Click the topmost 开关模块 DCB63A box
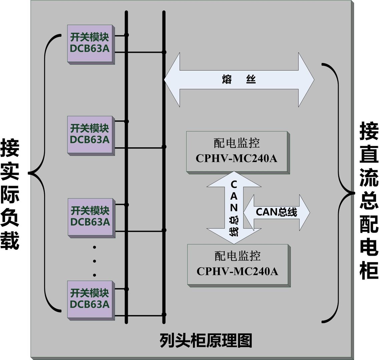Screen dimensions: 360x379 90,43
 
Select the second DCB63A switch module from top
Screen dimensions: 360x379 90,134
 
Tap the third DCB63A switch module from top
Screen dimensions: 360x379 90,217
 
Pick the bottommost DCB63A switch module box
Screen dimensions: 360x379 90,299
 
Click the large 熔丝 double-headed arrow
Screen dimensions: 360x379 239,80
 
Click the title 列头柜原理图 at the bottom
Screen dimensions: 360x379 206,341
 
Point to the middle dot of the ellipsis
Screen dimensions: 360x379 94,261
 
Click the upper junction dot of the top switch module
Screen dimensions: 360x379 126,35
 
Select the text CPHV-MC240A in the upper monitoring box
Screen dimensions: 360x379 237,158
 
